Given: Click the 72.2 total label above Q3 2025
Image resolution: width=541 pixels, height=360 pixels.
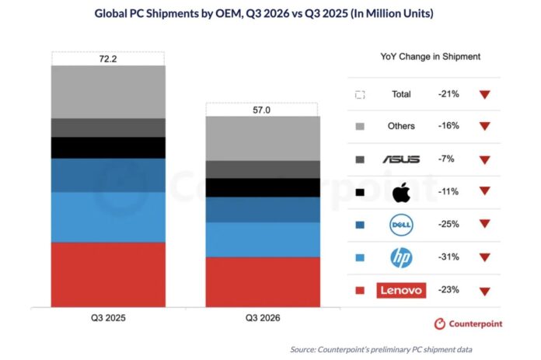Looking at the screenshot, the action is [x=108, y=59].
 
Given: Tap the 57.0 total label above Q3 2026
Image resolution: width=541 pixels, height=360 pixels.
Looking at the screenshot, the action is [x=261, y=110].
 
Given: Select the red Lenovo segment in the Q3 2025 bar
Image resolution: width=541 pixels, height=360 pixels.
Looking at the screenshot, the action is [x=108, y=274].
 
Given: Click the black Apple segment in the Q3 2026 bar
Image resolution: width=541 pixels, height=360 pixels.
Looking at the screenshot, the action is [x=263, y=187].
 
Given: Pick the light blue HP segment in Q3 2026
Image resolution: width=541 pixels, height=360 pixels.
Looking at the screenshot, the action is [x=263, y=240].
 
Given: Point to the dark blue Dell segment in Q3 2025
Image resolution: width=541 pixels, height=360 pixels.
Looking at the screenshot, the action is [x=108, y=176].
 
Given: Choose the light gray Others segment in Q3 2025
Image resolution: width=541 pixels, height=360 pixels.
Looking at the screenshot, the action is [x=108, y=93].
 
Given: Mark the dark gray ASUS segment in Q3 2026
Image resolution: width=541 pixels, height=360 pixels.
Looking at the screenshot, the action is [x=263, y=170].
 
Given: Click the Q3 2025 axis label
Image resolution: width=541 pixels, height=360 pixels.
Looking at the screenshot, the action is [x=108, y=318].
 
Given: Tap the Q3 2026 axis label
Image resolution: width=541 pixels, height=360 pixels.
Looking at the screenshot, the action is [x=263, y=318].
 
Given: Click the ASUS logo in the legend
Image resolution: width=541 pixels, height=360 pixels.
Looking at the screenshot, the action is [x=401, y=159].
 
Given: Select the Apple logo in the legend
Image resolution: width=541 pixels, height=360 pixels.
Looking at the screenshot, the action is [x=401, y=192].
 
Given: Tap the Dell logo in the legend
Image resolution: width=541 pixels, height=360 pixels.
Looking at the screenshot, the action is [x=401, y=225].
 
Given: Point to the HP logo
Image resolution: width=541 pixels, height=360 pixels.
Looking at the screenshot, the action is [x=401, y=257].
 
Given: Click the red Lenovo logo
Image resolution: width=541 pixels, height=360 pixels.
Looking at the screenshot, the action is [x=401, y=290].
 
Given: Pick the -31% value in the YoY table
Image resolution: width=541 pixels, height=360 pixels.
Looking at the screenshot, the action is [x=449, y=257].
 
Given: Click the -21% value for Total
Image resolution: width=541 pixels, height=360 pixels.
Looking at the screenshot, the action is [x=449, y=94].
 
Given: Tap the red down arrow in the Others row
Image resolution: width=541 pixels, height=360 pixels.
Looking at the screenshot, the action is [x=485, y=126].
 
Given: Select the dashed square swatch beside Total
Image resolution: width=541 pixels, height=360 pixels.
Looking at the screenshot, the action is [x=360, y=95].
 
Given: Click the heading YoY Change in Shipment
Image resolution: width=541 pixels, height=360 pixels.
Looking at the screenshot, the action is [x=431, y=57].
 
